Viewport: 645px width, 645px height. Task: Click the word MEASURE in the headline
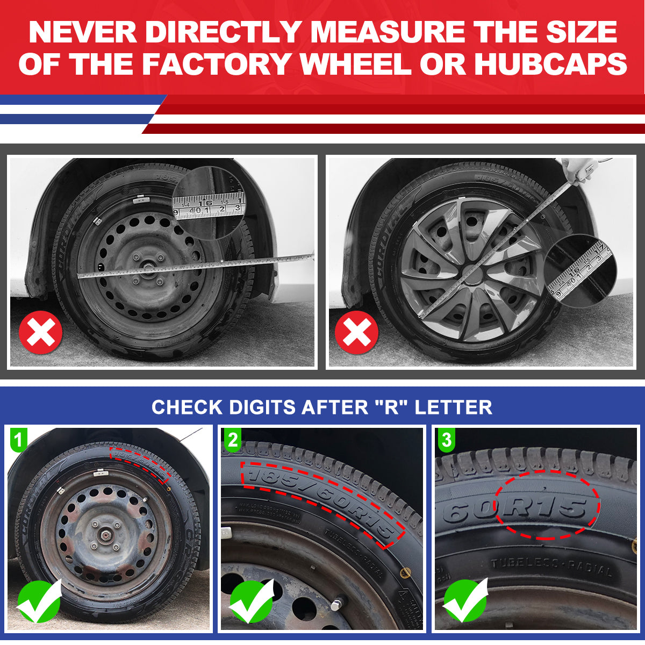click(387, 32)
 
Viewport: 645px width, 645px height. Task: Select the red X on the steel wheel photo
click(40, 332)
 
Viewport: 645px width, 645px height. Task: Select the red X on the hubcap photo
click(356, 332)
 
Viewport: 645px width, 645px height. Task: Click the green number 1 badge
click(18, 440)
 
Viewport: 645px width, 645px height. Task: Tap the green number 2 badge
click(232, 440)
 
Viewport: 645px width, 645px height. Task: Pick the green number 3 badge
click(446, 440)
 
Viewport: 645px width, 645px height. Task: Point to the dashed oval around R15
click(546, 506)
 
